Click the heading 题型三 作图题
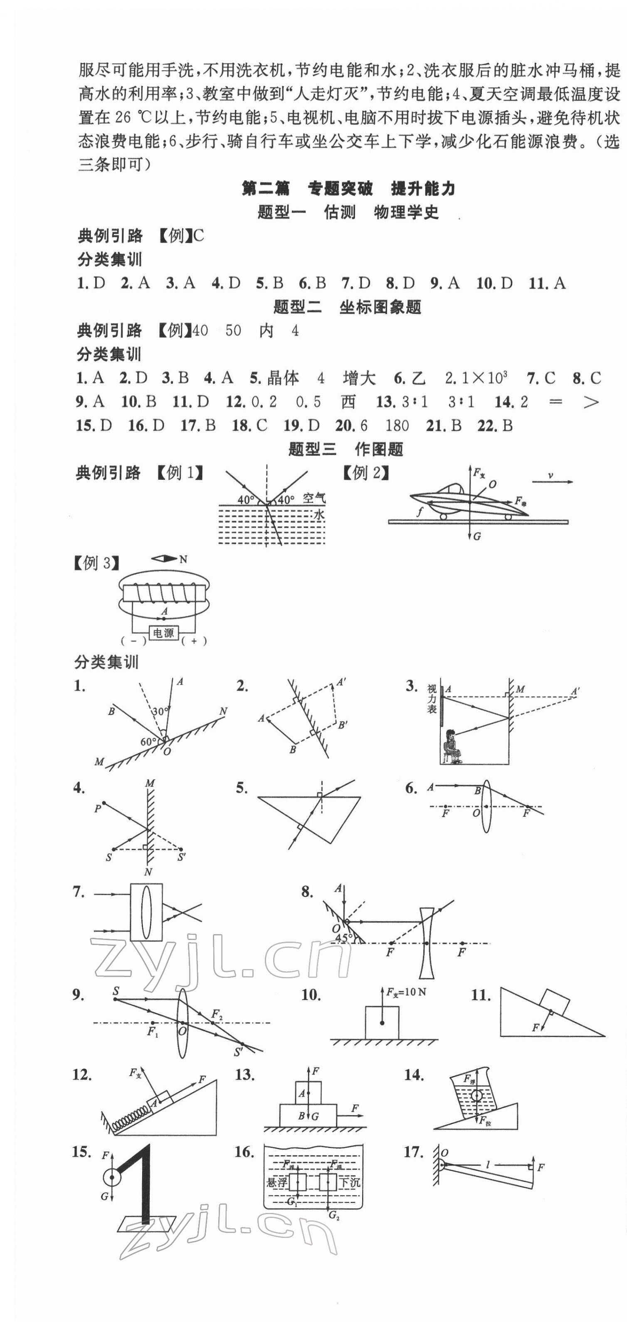(x=346, y=450)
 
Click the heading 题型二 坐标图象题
(x=347, y=307)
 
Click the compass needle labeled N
(x=164, y=559)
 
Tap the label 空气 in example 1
(x=314, y=498)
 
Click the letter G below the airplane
(x=477, y=536)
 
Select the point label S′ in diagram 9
(x=239, y=1052)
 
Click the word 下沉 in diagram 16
(x=350, y=1182)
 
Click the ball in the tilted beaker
(x=476, y=1095)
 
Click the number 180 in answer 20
(x=397, y=426)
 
